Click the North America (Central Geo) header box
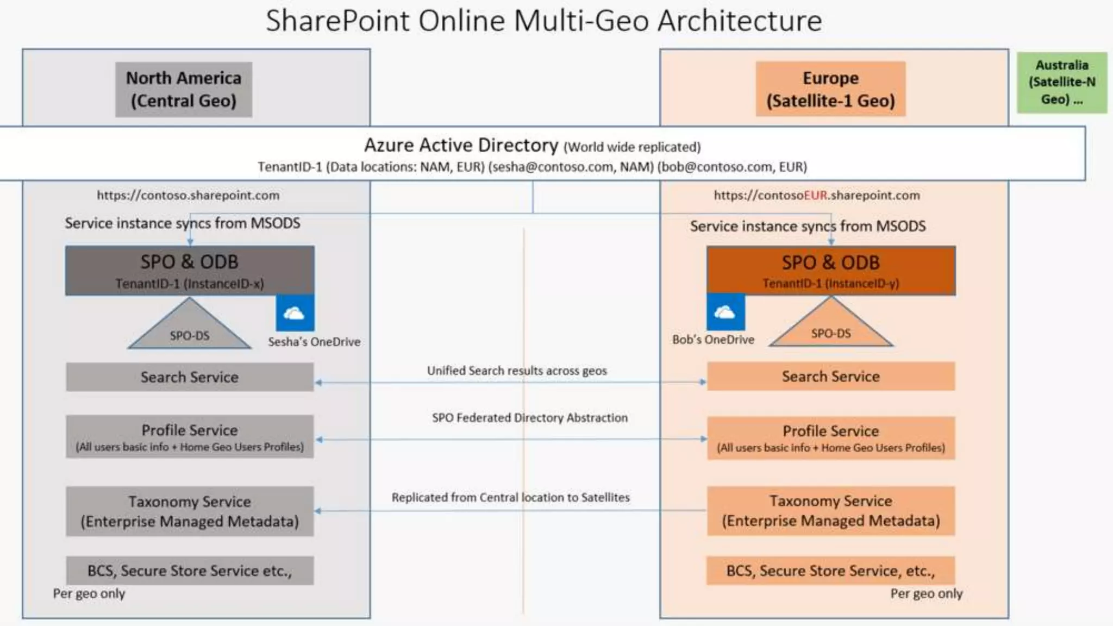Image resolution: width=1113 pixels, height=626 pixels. [184, 90]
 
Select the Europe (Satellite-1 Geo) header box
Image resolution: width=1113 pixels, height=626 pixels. [830, 89]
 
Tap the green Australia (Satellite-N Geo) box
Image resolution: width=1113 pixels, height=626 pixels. [1061, 82]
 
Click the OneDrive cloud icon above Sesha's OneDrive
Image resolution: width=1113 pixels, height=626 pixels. [295, 313]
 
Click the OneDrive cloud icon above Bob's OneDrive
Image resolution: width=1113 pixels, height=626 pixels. [726, 312]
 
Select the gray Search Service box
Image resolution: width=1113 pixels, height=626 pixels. [190, 377]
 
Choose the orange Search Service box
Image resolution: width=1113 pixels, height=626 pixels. [830, 377]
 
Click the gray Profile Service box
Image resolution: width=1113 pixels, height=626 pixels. [190, 437]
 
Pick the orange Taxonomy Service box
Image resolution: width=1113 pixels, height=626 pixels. [830, 511]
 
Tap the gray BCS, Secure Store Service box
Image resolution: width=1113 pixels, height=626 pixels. [190, 571]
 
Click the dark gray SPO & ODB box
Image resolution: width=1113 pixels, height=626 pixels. [190, 271]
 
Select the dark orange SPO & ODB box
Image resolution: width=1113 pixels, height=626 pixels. [830, 271]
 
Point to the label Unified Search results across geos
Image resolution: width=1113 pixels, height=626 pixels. [517, 371]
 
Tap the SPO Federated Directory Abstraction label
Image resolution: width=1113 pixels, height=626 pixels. [530, 418]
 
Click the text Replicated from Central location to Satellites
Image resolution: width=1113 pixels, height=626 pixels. [510, 497]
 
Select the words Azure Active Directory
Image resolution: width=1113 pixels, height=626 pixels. [461, 146]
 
